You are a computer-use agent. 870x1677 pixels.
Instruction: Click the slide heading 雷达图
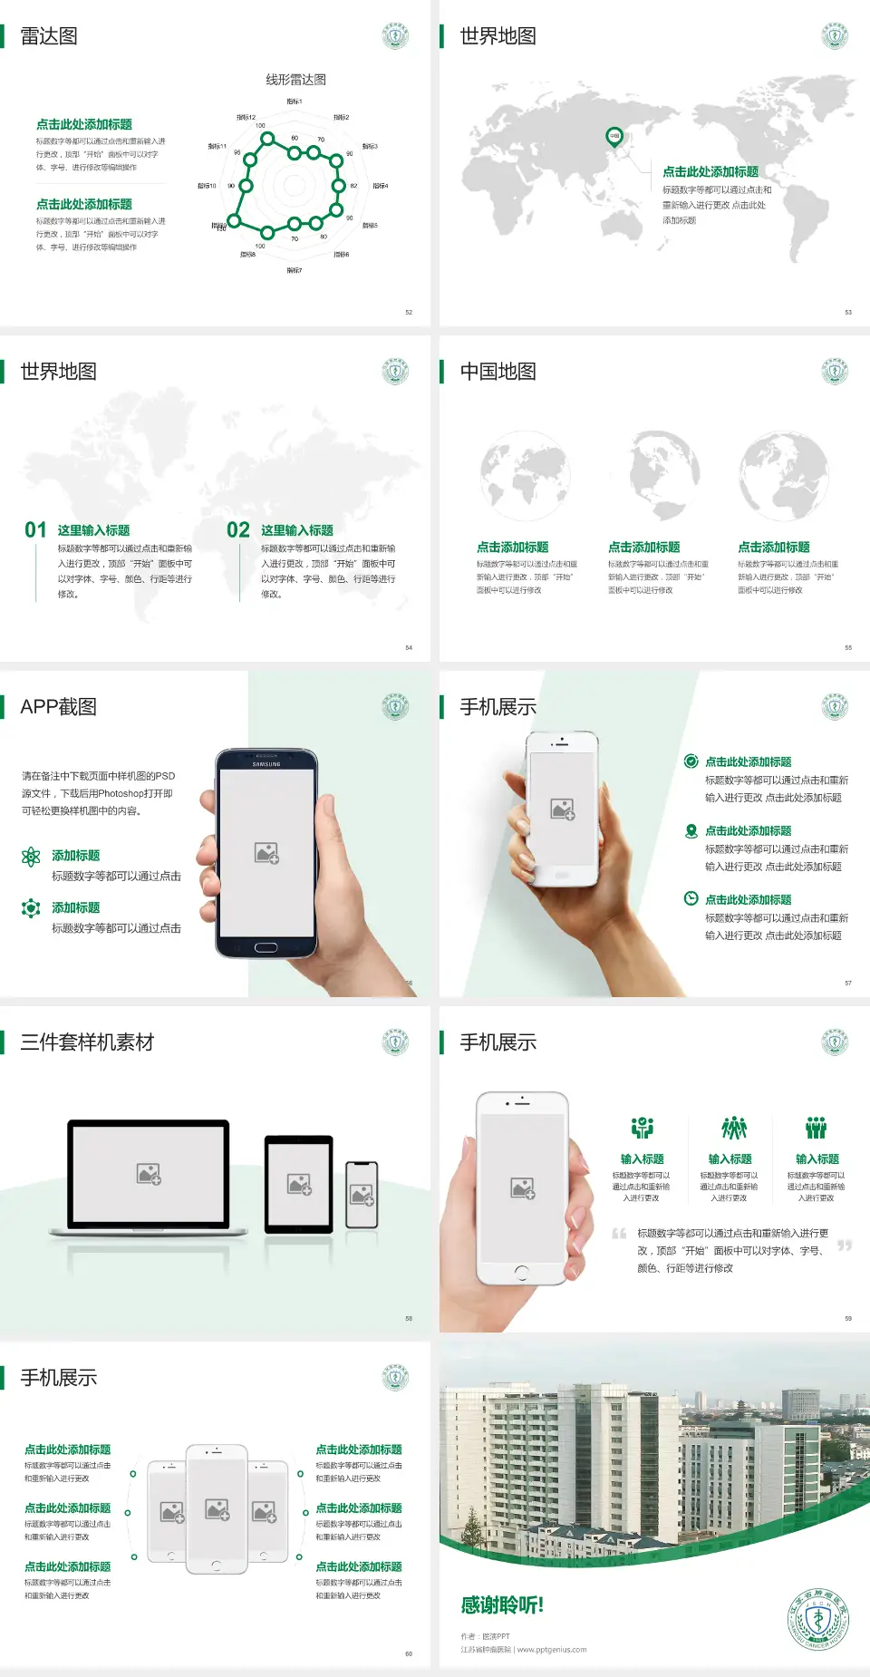click(49, 36)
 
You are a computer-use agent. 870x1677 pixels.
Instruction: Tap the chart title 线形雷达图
click(295, 80)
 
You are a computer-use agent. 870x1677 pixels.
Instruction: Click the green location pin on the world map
click(614, 136)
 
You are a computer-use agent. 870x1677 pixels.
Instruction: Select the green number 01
click(35, 530)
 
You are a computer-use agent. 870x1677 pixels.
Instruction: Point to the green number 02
click(238, 530)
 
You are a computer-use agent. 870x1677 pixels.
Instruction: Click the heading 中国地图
click(498, 372)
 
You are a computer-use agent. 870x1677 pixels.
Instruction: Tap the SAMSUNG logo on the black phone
click(266, 764)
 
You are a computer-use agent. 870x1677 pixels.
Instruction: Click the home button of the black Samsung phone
click(266, 947)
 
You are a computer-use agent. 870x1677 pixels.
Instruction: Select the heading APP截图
click(58, 707)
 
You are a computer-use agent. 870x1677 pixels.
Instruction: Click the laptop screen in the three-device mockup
click(149, 1173)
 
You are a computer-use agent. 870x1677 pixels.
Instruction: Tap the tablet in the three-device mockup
click(299, 1183)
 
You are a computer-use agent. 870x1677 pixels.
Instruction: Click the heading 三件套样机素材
click(87, 1042)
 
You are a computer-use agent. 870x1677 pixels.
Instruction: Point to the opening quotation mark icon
click(619, 1234)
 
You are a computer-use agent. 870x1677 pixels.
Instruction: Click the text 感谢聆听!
click(502, 1605)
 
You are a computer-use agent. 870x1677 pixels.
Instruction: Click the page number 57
click(848, 983)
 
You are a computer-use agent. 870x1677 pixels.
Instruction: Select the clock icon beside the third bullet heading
click(691, 898)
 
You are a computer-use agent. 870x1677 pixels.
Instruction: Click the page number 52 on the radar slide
click(409, 312)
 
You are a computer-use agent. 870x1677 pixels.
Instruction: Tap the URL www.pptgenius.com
click(552, 1650)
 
